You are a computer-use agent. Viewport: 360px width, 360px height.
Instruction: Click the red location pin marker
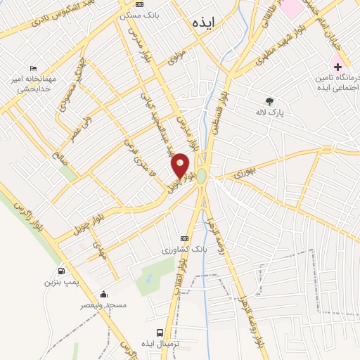(x=181, y=166)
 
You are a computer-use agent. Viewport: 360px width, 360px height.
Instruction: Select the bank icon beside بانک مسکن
(x=139, y=5)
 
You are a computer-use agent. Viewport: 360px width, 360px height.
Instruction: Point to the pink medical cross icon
(x=338, y=66)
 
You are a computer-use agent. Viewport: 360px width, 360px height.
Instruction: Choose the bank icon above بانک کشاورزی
(x=185, y=238)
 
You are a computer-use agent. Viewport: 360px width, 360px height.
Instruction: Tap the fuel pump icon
(x=61, y=271)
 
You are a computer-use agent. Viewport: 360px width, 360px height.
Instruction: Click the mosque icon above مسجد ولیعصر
(x=104, y=294)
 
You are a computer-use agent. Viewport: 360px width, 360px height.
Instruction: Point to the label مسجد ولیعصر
(x=103, y=305)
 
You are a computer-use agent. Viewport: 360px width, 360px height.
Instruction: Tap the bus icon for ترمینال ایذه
(x=160, y=332)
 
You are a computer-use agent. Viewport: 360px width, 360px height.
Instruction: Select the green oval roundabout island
(x=202, y=176)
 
